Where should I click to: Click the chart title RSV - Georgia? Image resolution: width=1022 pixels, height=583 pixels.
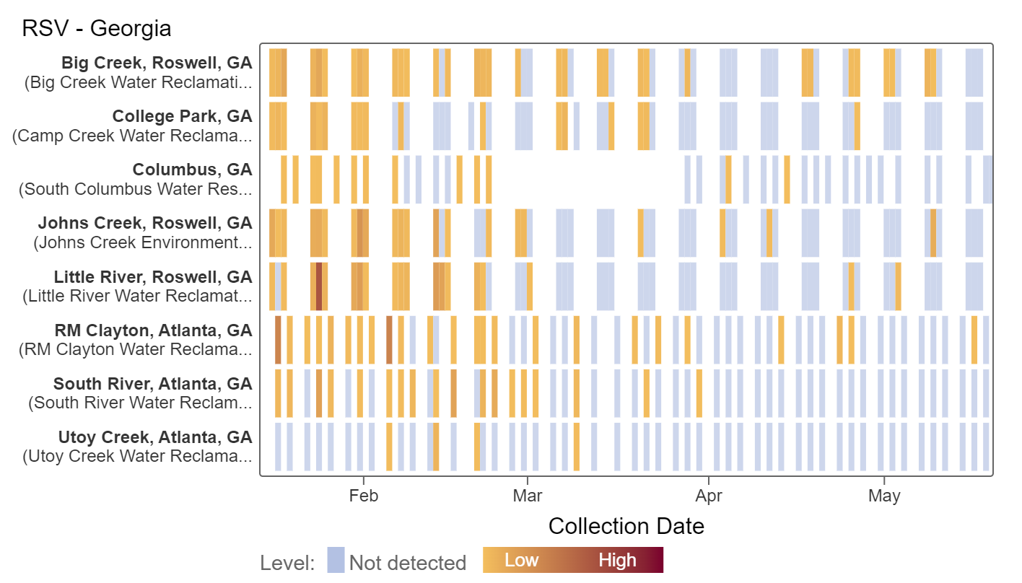97,29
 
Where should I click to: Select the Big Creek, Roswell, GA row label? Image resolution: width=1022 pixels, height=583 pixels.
157,63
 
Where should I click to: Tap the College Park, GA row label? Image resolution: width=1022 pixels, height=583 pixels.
182,116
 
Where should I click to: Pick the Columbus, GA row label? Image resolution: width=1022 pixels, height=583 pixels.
192,170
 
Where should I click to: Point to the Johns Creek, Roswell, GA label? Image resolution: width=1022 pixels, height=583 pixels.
145,223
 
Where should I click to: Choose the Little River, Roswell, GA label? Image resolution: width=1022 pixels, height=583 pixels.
153,277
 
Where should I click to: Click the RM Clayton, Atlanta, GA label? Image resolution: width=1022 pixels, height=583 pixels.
153,330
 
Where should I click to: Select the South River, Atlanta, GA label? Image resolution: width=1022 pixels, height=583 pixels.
152,384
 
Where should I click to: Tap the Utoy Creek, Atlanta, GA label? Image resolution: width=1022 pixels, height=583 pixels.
155,437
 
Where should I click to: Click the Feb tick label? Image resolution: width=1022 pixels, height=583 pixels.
363,496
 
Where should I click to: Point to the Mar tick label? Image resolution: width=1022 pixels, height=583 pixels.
528,496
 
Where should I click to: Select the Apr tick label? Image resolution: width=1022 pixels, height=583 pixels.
709,496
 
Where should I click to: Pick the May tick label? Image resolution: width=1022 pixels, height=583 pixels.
884,496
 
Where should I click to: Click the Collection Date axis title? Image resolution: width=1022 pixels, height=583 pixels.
626,526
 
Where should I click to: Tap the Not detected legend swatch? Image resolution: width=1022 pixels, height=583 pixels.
336,561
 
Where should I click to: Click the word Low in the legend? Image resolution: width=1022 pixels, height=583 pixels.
521,561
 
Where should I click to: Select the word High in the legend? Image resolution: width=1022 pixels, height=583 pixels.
617,561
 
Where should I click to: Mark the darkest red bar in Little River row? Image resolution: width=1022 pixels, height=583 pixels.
319,286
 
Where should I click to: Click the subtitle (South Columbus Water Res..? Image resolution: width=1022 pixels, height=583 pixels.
136,189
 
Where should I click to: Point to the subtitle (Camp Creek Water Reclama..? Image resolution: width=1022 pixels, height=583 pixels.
132,136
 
